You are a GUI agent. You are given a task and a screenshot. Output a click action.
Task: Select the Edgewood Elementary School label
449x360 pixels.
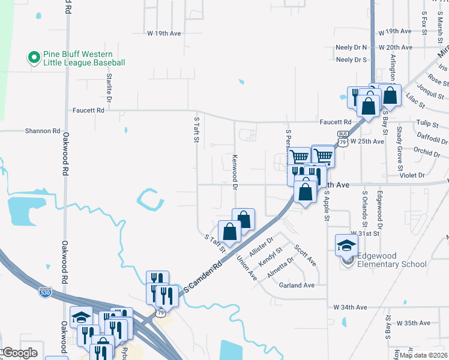coord(392,260)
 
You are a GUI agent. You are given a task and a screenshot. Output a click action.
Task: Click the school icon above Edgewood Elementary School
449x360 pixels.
coord(346,244)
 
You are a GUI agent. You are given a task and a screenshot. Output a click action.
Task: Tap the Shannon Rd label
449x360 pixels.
coord(43,130)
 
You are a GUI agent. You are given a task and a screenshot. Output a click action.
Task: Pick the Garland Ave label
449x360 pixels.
coord(297,286)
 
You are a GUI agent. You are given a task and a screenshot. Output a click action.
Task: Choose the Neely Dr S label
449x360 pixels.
coord(352,59)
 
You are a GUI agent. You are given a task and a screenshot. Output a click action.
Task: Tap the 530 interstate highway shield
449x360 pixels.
coord(45,293)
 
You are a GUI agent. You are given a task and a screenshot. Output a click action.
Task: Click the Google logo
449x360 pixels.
coord(20,353)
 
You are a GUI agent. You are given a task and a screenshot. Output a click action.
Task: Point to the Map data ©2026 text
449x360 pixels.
coord(423,355)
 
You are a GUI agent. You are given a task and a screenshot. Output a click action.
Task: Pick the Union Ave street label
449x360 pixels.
coord(247,268)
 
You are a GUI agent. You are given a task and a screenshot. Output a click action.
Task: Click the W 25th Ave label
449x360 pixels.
coord(367,141)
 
